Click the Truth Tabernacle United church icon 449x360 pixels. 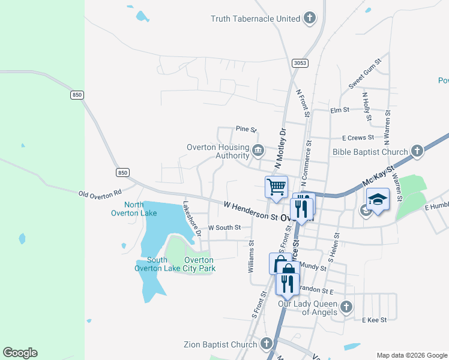coord(310,18)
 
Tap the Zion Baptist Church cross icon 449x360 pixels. coord(267,344)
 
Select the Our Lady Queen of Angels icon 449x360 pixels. coord(346,308)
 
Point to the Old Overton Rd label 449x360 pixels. coord(100,193)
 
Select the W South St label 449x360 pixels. coord(224,228)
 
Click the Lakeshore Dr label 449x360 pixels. coord(193,219)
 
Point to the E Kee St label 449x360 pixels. coord(374,320)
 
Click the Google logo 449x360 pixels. coord(20,353)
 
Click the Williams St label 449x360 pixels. coord(252,257)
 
